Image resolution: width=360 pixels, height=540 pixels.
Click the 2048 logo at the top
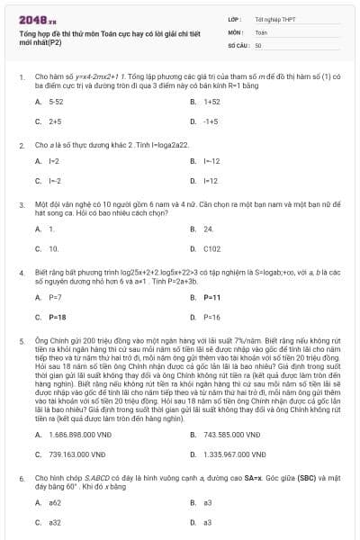[38, 19]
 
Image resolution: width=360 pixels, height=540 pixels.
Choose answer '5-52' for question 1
[56, 103]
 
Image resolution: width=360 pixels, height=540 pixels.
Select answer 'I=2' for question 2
[54, 161]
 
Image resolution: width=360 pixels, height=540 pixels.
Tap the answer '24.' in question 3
[208, 229]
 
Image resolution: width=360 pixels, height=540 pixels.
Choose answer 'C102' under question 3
[212, 247]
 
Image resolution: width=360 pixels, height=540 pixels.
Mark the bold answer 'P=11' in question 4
[211, 297]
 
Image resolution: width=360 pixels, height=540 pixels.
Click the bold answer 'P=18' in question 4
[57, 317]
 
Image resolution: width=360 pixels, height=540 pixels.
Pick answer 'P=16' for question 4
[211, 317]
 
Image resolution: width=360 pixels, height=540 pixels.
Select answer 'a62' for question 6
[55, 502]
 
